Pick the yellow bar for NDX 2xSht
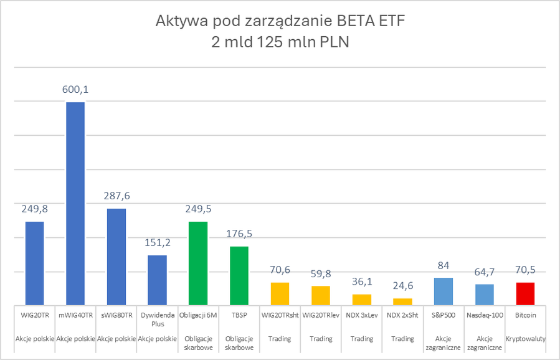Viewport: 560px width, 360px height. click(402, 301)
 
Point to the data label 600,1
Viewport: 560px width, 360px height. click(75, 90)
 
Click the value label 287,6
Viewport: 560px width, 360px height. click(116, 196)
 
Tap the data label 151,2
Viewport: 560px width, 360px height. click(157, 242)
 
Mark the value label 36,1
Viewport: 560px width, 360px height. click(361, 282)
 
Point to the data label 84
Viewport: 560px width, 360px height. click(444, 265)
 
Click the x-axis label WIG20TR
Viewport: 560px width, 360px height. click(34, 315)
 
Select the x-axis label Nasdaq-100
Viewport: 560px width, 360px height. click(484, 315)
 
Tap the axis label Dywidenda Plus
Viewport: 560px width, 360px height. click(157, 320)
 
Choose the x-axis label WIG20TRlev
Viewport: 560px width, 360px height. click(321, 315)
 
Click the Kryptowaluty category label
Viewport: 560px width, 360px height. click(525, 339)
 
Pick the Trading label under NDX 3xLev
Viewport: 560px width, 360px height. click(361, 339)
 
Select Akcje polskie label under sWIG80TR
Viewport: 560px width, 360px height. click(116, 339)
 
